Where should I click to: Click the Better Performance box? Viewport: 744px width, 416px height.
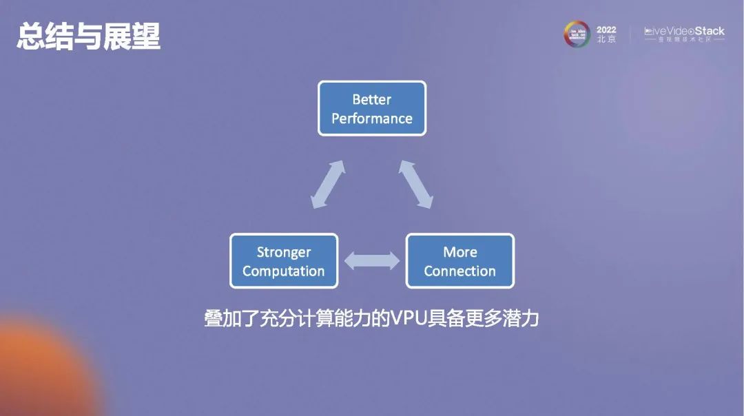372,108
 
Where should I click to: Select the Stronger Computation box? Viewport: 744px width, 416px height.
283,261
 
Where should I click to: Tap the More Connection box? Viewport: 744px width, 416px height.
459,261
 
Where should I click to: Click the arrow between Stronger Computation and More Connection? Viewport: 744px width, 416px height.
372,261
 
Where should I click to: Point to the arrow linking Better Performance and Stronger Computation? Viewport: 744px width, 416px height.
327,184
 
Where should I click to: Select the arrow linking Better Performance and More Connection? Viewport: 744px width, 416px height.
416,184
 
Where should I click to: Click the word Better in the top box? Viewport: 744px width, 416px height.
371,99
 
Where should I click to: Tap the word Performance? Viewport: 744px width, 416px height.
372,118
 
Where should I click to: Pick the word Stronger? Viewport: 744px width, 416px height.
284,252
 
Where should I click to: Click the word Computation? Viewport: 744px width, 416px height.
283,271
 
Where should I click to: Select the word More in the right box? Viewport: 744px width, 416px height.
460,252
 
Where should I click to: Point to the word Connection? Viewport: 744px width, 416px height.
459,271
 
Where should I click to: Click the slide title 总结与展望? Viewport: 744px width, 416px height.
88,37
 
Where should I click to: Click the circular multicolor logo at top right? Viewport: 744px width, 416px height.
577,34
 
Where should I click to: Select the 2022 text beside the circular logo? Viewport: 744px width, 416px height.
606,30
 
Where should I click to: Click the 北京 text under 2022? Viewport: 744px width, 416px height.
606,40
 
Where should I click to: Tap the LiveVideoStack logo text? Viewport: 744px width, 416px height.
684,32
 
